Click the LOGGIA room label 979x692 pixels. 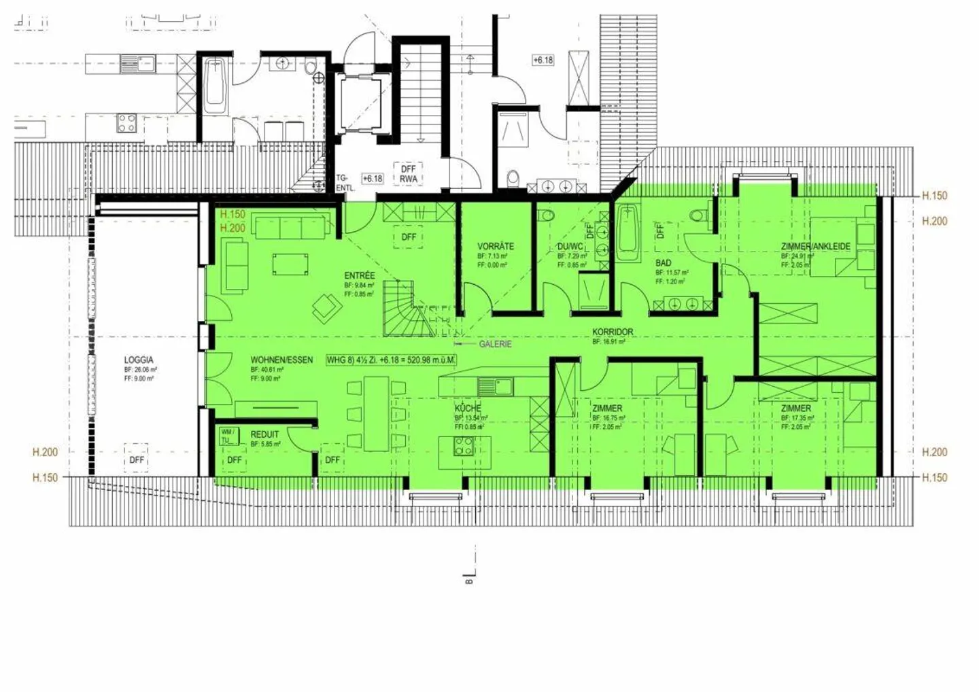(x=139, y=360)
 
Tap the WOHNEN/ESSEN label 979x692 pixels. (x=281, y=360)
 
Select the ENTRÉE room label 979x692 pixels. (x=360, y=276)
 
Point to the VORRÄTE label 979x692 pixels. (x=496, y=246)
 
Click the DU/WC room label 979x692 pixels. (x=570, y=247)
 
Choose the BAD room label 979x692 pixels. (x=664, y=262)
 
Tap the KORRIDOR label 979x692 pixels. (x=613, y=332)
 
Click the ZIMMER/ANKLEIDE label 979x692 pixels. (x=816, y=247)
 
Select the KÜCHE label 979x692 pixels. (x=468, y=409)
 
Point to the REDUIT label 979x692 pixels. (x=264, y=434)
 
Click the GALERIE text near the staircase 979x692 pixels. (x=495, y=345)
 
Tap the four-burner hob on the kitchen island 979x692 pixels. (x=464, y=447)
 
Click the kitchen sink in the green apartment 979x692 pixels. (x=495, y=387)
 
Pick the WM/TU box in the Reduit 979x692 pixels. (x=228, y=436)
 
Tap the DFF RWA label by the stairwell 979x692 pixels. (x=409, y=174)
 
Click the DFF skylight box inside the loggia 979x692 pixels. (x=137, y=460)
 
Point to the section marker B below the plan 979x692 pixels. (x=469, y=580)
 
